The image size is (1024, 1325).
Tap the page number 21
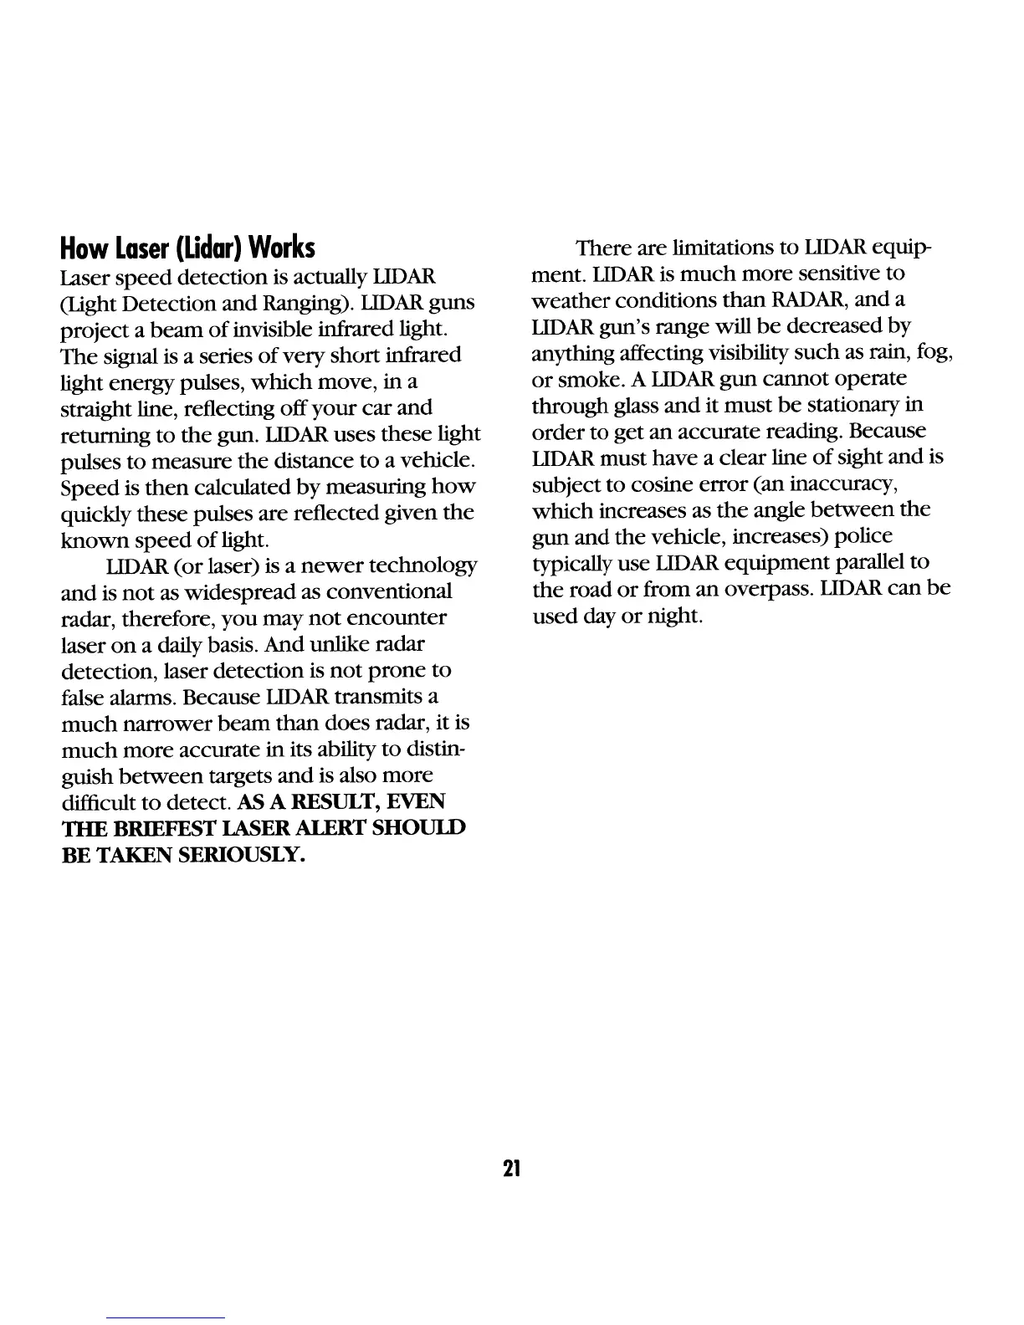[512, 1168]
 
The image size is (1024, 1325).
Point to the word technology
[422, 566]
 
